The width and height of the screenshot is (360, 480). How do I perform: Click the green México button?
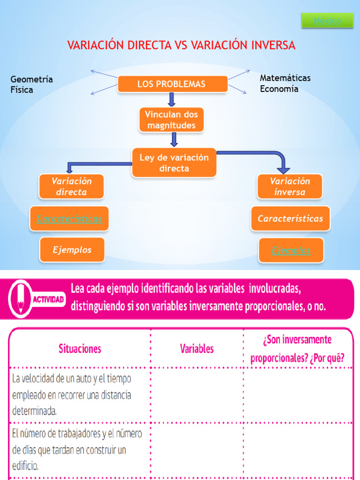click(x=327, y=21)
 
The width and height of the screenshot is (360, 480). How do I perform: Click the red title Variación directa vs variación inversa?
click(x=181, y=45)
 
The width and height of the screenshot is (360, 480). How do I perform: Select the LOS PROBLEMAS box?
click(x=172, y=84)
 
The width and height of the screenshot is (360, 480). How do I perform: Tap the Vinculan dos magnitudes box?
click(x=172, y=120)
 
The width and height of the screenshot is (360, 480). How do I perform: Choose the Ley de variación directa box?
click(x=174, y=163)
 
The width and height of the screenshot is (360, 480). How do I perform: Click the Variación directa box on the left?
click(x=71, y=187)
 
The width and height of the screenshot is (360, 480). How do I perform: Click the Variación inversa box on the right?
click(x=290, y=187)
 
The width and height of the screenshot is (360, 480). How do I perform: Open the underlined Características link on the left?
click(x=69, y=219)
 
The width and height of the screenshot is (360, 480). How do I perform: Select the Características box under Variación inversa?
click(x=290, y=219)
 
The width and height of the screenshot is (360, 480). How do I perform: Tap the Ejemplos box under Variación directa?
click(x=72, y=250)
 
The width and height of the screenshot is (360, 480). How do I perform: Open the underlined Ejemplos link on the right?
click(x=291, y=251)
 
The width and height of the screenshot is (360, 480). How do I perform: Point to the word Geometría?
click(x=31, y=79)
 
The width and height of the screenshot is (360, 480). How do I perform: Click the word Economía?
click(x=279, y=89)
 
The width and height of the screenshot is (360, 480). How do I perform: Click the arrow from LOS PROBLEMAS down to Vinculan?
click(x=172, y=99)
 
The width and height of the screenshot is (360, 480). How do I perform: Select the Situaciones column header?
click(x=80, y=348)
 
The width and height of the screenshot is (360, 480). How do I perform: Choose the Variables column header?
click(x=197, y=348)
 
